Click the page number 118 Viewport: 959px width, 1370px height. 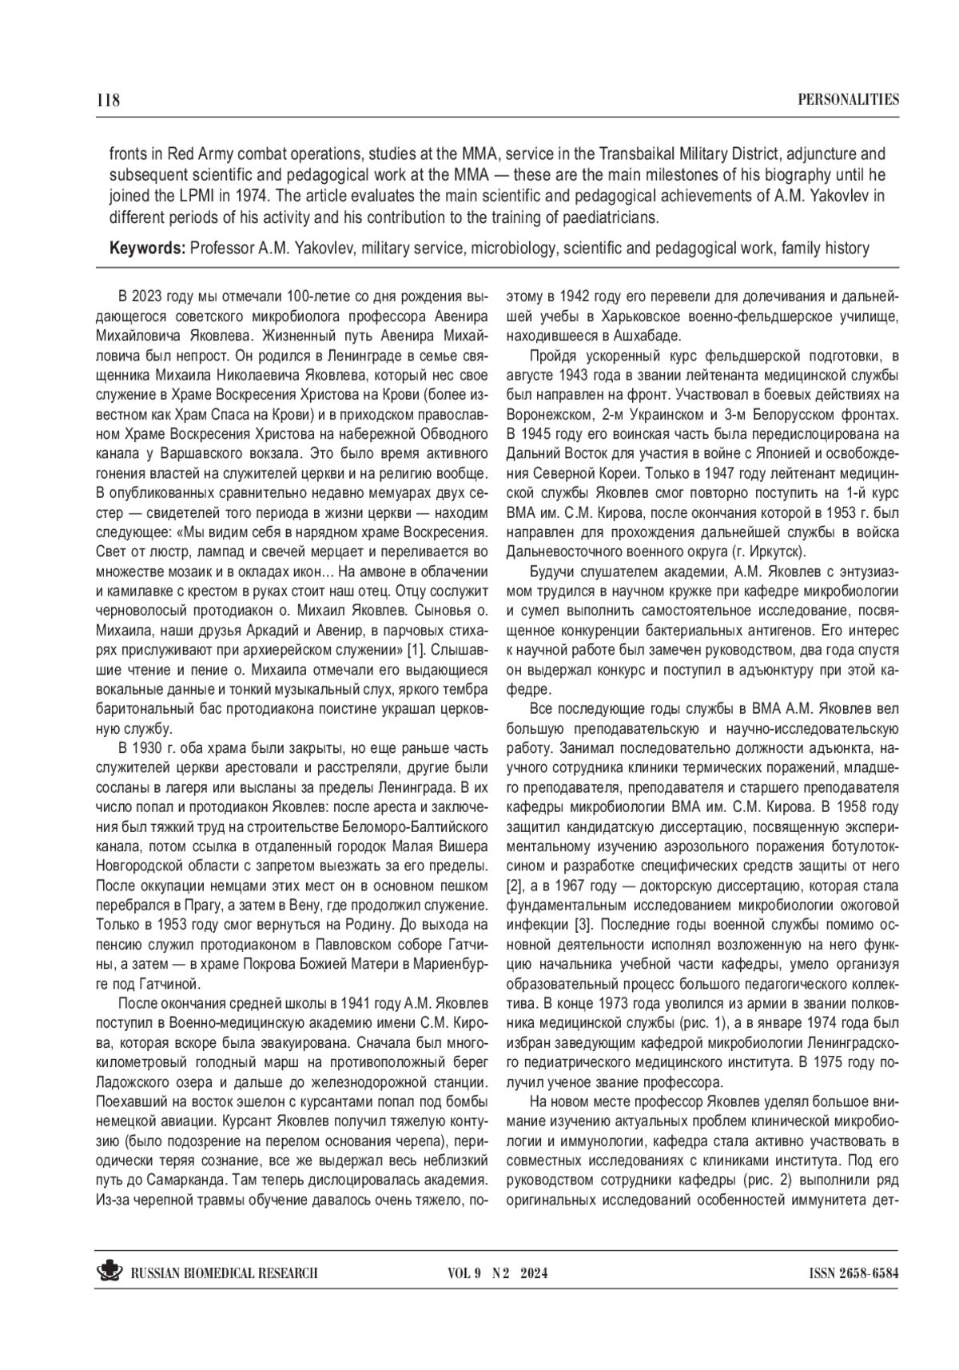[x=107, y=100]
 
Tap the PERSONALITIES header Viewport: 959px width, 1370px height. [x=849, y=100]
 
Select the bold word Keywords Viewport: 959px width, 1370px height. [x=146, y=249]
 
